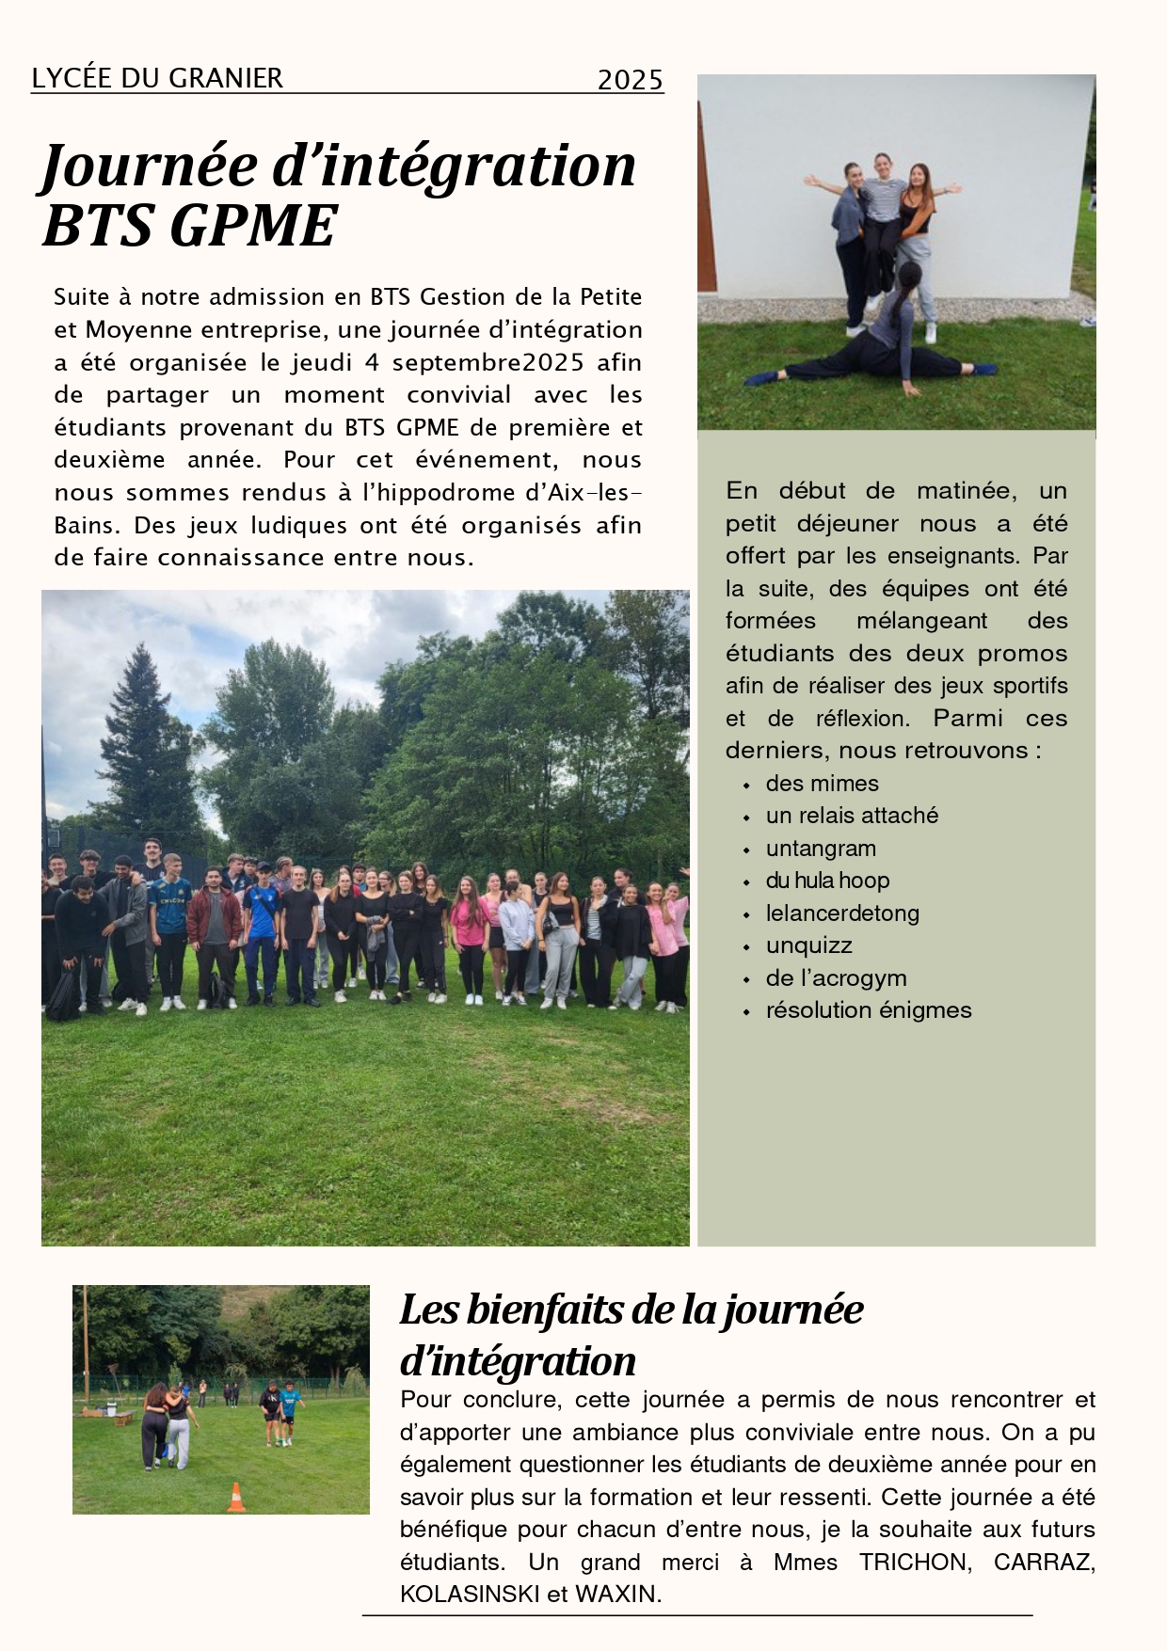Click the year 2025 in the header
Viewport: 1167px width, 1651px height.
click(x=630, y=81)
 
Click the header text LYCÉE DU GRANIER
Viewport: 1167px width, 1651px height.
click(x=157, y=78)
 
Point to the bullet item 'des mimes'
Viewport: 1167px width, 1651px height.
click(x=822, y=784)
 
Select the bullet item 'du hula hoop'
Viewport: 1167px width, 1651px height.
click(x=827, y=881)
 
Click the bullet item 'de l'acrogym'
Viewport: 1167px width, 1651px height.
click(x=836, y=978)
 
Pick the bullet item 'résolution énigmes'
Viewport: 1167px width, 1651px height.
click(x=868, y=1010)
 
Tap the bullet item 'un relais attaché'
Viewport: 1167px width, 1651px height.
click(x=852, y=816)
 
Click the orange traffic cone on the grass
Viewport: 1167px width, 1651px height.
click(x=236, y=1497)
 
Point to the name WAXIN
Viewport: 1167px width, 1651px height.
click(x=617, y=1595)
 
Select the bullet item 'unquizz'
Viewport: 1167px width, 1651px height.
click(x=808, y=945)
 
